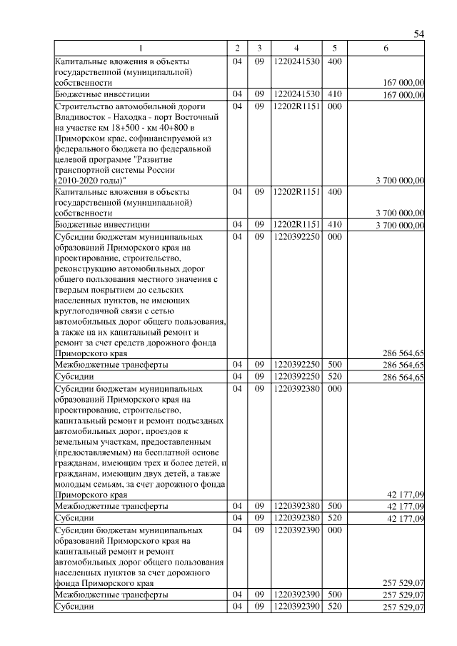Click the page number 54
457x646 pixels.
(419, 34)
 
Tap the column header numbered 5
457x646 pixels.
(333, 48)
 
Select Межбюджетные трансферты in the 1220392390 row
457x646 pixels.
(111, 594)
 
